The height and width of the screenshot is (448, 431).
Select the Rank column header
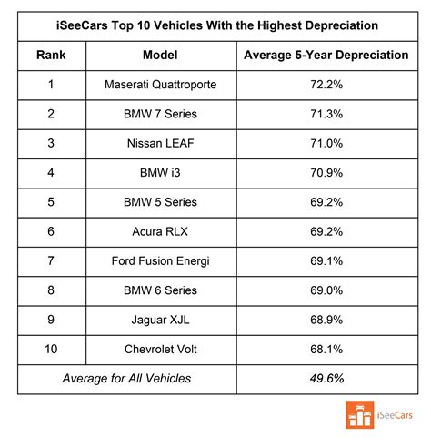(x=51, y=54)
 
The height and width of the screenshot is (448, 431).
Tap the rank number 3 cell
(x=51, y=143)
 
